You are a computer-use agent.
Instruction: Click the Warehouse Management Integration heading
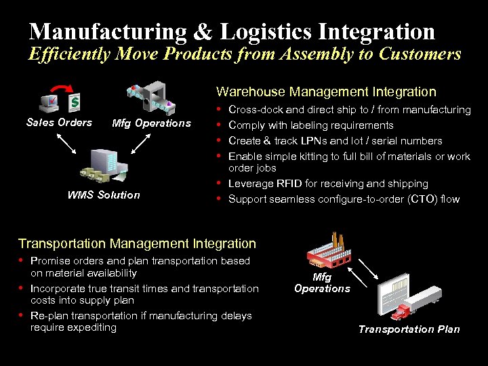coord(326,91)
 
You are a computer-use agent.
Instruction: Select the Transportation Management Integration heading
coord(137,243)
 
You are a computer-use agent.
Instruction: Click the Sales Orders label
coord(59,123)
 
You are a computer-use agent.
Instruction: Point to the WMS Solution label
coord(104,195)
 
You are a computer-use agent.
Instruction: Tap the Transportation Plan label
coord(409,329)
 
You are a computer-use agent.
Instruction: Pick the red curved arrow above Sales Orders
coord(62,89)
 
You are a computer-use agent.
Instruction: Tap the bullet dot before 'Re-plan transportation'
coord(22,316)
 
